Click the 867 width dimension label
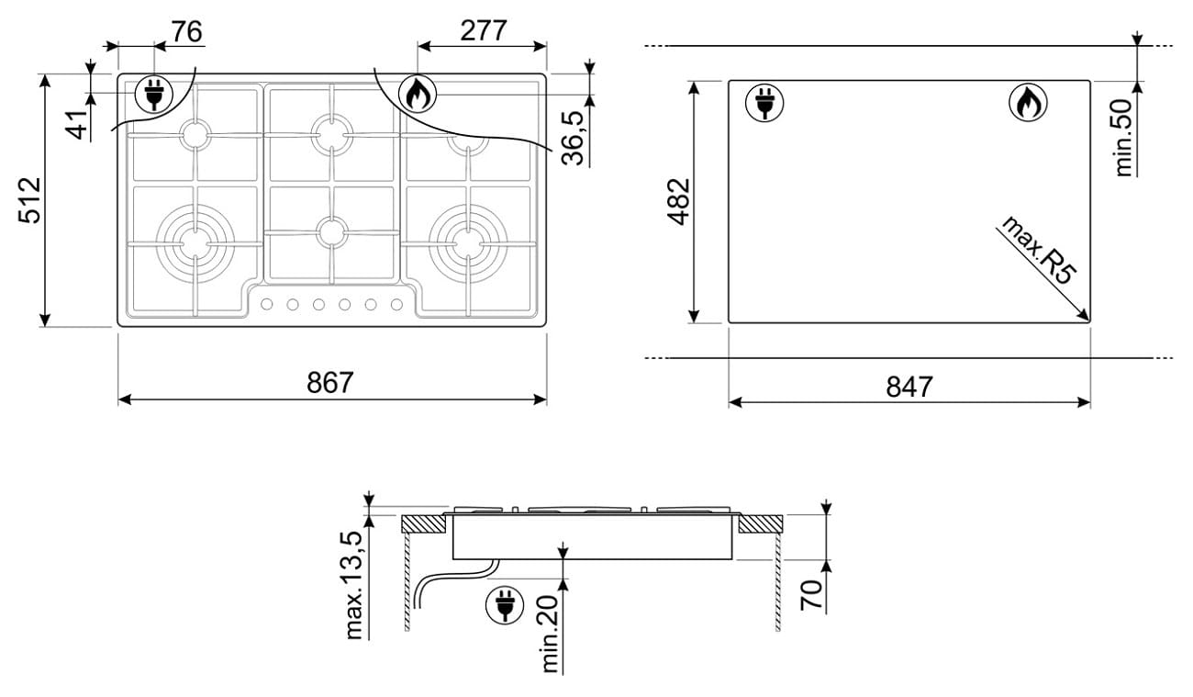coord(330,382)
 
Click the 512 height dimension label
coord(29,200)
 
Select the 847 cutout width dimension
coord(909,387)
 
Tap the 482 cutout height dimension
coord(679,202)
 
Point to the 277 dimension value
coord(483,30)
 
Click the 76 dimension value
coord(187,31)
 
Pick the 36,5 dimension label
coord(573,138)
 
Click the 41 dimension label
coord(78,125)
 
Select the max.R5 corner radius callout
coord(1039,250)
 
